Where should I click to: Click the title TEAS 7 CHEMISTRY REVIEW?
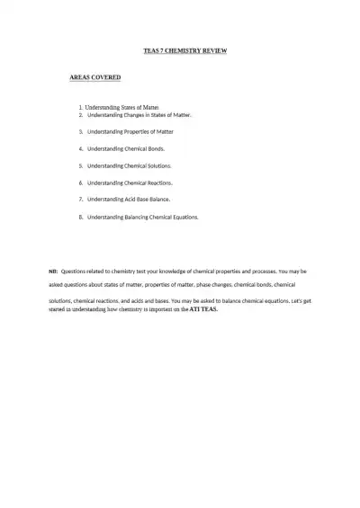tap(185, 50)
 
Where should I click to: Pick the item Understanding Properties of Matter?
tap(130, 131)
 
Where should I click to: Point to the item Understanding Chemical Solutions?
tap(130, 165)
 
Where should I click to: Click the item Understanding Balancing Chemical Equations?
tap(143, 217)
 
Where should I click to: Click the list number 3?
tap(81, 131)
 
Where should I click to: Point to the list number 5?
tap(81, 165)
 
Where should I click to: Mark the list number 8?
tap(81, 217)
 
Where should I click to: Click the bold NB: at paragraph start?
tap(52, 271)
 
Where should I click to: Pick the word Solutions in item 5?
tap(158, 165)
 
